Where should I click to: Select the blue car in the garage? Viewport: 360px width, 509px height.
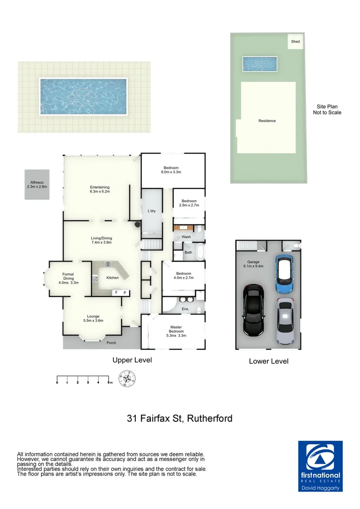point(284,275)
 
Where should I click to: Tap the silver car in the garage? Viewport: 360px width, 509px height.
point(286,321)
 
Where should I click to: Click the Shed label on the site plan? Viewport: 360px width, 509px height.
point(295,41)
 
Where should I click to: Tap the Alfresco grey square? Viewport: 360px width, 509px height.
point(37,184)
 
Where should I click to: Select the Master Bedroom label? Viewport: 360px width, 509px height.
point(176,331)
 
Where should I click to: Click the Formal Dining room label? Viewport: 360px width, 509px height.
point(68,278)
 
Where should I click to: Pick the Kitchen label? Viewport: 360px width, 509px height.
point(113,278)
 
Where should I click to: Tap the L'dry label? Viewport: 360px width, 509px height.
point(152,211)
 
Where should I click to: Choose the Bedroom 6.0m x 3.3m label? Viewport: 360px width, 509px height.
point(171,170)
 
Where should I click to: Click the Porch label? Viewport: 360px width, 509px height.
point(111,343)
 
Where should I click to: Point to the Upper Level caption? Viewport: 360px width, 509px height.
point(132,360)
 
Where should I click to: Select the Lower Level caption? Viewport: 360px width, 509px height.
point(269,361)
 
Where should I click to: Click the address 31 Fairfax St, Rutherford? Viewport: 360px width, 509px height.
point(180,418)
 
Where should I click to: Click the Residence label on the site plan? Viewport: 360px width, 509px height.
point(267,121)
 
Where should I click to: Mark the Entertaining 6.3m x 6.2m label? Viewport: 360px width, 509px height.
point(100,189)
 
